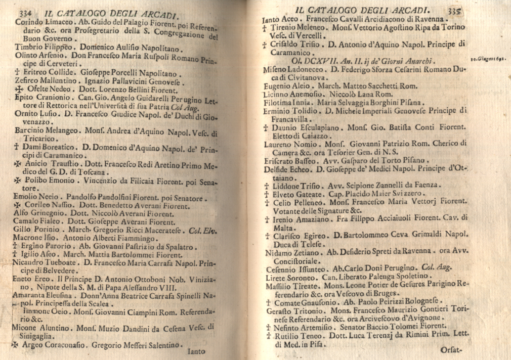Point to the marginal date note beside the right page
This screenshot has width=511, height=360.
pyautogui.click(x=489, y=59)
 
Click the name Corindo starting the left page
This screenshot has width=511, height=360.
pyautogui.click(x=29, y=22)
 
